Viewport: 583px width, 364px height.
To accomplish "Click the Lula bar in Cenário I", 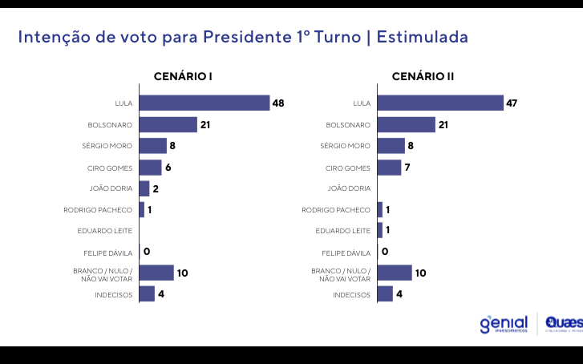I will pos(204,103).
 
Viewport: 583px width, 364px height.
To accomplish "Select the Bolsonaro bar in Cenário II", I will pos(406,124).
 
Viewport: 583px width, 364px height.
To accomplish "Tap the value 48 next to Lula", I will pos(278,103).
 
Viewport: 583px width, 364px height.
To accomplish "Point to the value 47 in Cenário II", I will pos(513,103).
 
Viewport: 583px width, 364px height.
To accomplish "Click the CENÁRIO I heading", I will pos(183,77).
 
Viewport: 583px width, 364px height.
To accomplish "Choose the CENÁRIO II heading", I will pos(423,77).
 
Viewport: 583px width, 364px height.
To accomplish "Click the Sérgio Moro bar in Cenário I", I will pos(152,146).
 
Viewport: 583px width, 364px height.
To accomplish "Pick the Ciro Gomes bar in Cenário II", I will pos(389,168).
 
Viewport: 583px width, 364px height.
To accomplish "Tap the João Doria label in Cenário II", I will pos(350,188).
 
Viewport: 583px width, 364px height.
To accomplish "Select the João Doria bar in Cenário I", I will pos(144,188).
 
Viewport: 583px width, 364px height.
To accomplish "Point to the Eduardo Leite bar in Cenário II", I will pos(380,231).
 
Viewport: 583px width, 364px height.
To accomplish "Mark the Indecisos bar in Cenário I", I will pos(147,294).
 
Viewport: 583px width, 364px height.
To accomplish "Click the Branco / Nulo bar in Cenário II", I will pos(395,273).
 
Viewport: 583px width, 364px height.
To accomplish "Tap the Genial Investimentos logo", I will pos(504,324).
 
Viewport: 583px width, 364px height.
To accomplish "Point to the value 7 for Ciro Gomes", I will pos(407,168).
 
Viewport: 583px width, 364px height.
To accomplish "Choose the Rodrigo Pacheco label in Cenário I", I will pos(98,210).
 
